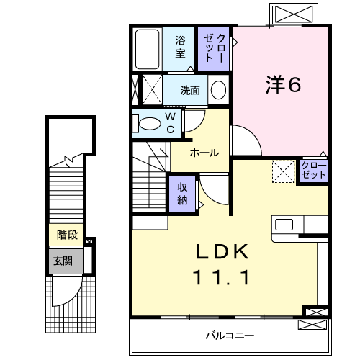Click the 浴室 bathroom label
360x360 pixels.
click(180, 46)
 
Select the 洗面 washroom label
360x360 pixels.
click(190, 91)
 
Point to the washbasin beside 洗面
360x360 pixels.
click(218, 91)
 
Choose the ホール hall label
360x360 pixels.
click(204, 153)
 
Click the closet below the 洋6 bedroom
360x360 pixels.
click(314, 171)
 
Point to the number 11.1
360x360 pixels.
click(223, 276)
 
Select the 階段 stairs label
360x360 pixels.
click(68, 235)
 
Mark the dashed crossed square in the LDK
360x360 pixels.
click(282, 171)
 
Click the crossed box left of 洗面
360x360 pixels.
click(150, 90)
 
